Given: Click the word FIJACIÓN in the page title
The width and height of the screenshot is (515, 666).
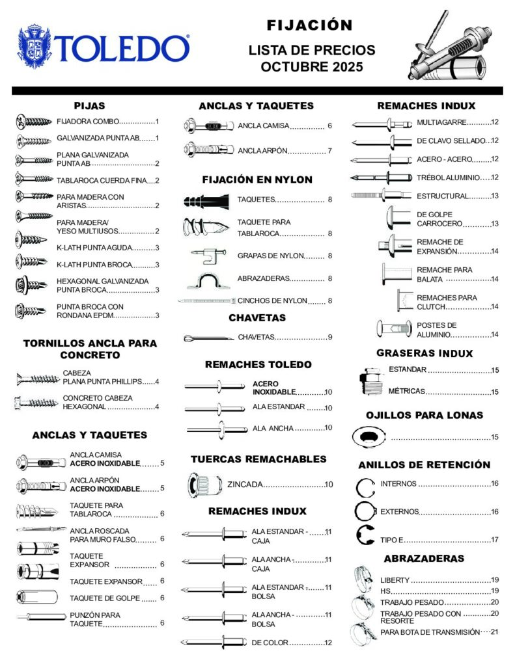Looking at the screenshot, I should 309,25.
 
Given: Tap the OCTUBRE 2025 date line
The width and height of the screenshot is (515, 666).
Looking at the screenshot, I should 309,66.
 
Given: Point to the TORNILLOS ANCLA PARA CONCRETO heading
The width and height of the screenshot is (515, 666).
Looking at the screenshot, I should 90,349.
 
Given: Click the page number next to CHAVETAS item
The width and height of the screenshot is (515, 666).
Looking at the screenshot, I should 330,337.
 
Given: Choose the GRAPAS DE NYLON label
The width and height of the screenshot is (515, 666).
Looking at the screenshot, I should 271,256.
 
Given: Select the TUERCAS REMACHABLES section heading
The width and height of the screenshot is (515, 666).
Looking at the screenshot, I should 258,459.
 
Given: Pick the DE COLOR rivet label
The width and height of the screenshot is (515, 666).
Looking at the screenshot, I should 270,643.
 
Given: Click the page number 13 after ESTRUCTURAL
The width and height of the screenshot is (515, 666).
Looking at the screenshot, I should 495,196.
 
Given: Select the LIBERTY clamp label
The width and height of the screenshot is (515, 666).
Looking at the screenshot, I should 395,580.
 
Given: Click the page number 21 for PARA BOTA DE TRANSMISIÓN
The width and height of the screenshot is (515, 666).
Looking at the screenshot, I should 494,632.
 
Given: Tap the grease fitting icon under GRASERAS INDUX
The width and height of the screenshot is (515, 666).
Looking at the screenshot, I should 369,382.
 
